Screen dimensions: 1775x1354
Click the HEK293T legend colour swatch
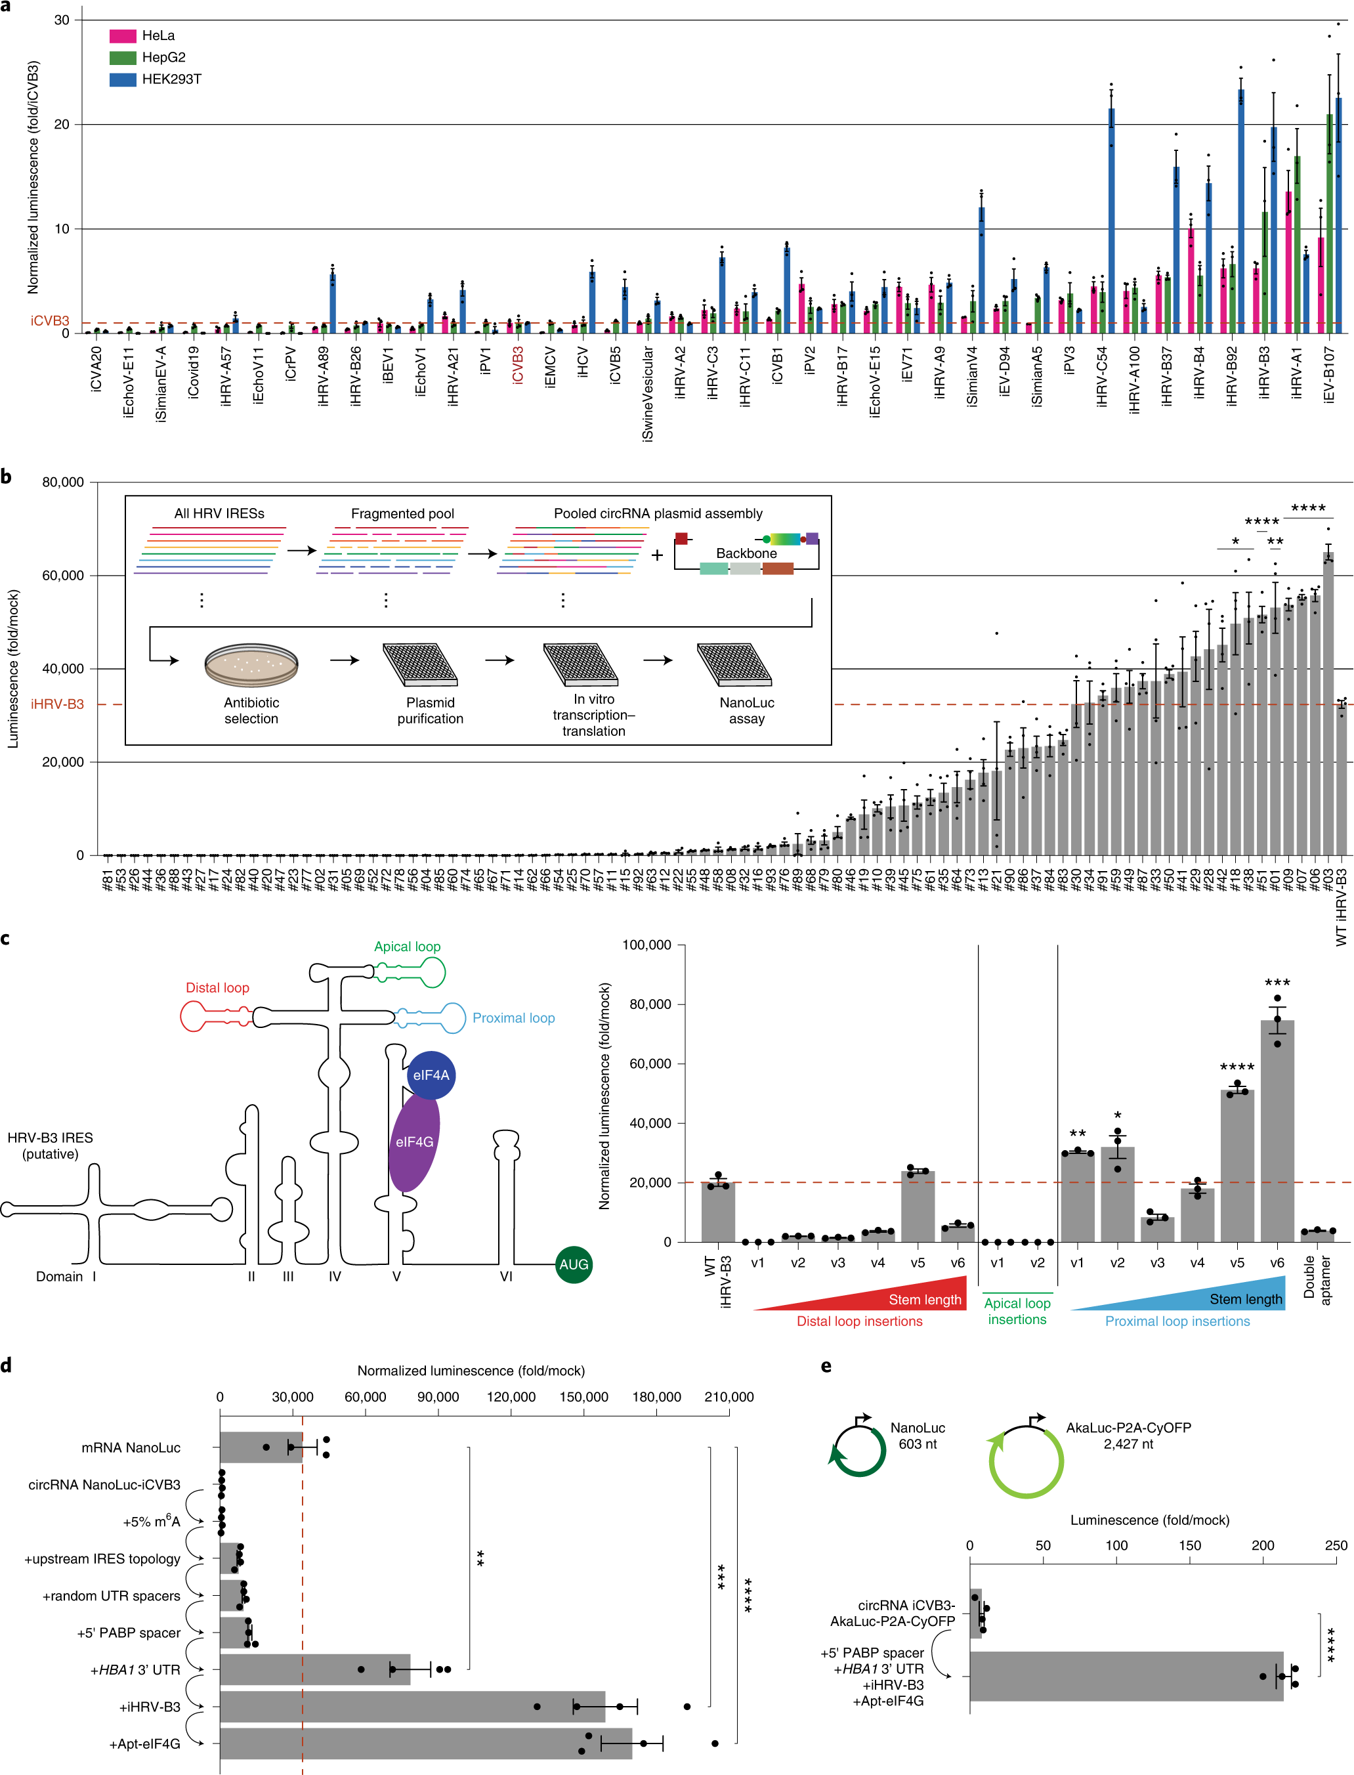(x=123, y=79)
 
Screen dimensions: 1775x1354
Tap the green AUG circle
(x=573, y=1264)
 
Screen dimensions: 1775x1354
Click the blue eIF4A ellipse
(x=431, y=1075)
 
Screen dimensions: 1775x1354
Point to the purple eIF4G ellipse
(x=414, y=1142)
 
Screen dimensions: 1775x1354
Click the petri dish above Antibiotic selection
(x=251, y=666)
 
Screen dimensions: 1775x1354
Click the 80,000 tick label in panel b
(x=63, y=482)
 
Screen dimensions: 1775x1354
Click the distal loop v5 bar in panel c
(x=917, y=1206)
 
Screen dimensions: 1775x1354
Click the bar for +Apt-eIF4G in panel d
(x=425, y=1743)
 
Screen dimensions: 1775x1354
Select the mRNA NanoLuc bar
(x=261, y=1447)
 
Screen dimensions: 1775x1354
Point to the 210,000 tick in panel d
(x=729, y=1397)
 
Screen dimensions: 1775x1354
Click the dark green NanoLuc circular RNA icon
(x=859, y=1450)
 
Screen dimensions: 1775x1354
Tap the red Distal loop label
(x=218, y=987)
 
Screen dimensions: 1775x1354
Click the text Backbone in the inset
(x=746, y=553)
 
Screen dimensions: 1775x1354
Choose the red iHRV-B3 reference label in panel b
(x=57, y=704)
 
